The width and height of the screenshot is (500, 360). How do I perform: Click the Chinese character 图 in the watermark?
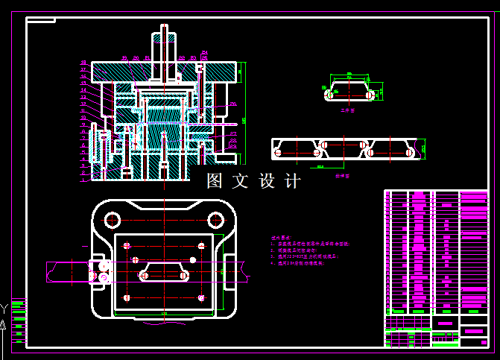coord(215,181)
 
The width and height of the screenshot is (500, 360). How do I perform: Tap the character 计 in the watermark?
coord(293,181)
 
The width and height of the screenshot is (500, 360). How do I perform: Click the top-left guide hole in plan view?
coord(113,220)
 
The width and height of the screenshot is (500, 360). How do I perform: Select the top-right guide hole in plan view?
coord(215,219)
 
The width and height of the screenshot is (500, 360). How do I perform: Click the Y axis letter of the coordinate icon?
coord(4,307)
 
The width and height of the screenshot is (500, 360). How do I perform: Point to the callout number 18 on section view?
coord(83,63)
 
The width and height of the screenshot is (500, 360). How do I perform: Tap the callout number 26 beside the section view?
coord(233,104)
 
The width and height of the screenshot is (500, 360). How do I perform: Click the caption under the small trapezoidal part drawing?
coord(347,110)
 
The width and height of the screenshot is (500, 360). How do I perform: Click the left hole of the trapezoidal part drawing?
coord(329,95)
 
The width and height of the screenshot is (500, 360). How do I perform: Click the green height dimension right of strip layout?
coord(423,148)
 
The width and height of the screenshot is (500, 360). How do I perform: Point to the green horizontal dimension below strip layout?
coord(320,168)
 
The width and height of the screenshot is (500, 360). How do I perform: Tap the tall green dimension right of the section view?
coord(244,119)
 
